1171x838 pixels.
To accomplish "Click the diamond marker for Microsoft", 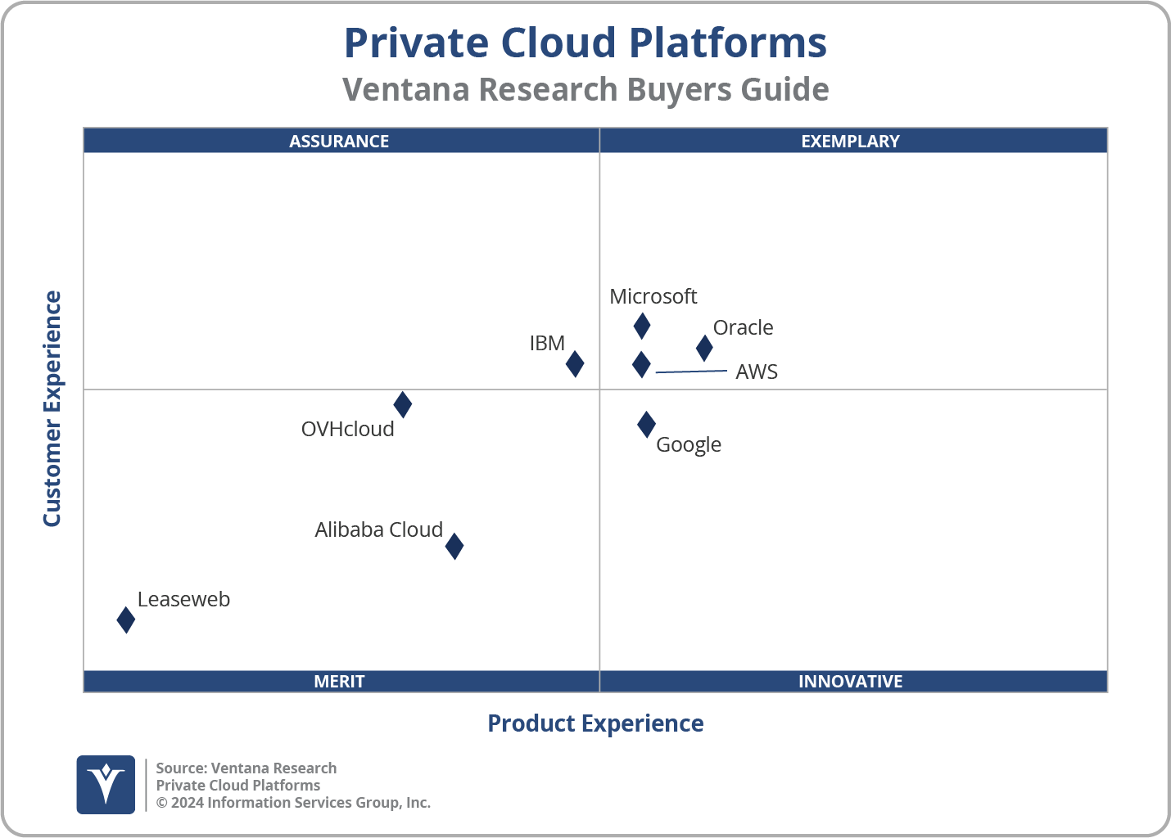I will click(x=642, y=326).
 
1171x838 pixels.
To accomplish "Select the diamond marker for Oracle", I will click(x=704, y=348).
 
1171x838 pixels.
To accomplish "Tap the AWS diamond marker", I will click(x=641, y=364).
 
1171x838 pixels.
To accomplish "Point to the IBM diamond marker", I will click(x=575, y=363).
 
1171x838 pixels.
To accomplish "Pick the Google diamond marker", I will click(x=646, y=424).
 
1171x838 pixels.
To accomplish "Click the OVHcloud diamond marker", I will click(x=402, y=404).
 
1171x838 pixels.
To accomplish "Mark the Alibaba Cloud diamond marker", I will click(x=454, y=546).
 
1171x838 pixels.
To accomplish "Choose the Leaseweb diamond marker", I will click(x=125, y=619).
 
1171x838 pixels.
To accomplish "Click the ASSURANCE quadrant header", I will click(x=339, y=141).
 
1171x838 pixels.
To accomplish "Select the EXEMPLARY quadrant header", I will click(x=850, y=141).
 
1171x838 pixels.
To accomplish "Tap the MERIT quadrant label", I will click(x=339, y=681).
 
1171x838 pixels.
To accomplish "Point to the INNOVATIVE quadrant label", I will click(x=850, y=681).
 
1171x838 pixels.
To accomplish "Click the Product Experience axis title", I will click(x=595, y=723).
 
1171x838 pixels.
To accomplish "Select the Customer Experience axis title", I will click(x=52, y=408).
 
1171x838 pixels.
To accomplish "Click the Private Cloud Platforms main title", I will click(x=585, y=43).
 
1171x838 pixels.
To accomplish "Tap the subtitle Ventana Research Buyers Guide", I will click(x=585, y=89).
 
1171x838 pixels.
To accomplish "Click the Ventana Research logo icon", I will click(x=106, y=784).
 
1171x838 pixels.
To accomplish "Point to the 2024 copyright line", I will click(x=293, y=803).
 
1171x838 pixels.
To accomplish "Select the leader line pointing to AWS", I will click(x=691, y=372).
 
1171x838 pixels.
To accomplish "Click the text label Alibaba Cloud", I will click(x=378, y=529).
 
